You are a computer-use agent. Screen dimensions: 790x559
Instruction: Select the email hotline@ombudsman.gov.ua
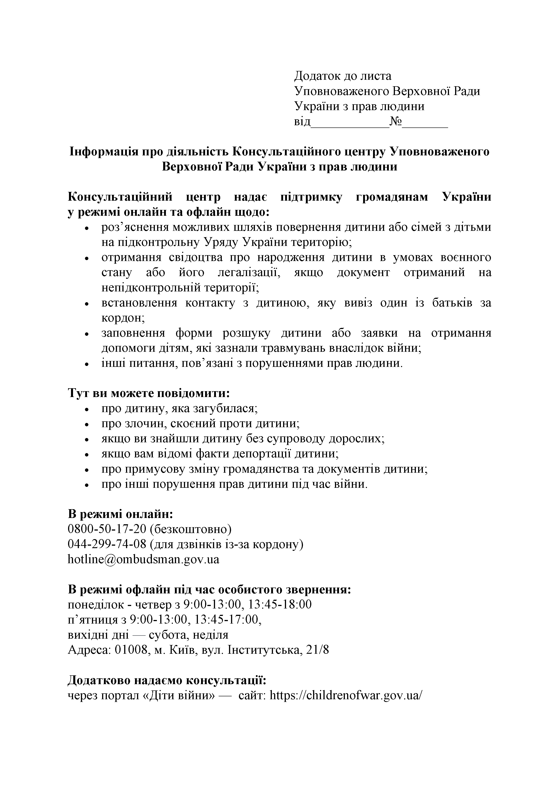143,559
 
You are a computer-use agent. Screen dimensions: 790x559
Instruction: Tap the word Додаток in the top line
316,76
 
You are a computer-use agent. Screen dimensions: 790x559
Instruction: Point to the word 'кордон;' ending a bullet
123,318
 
